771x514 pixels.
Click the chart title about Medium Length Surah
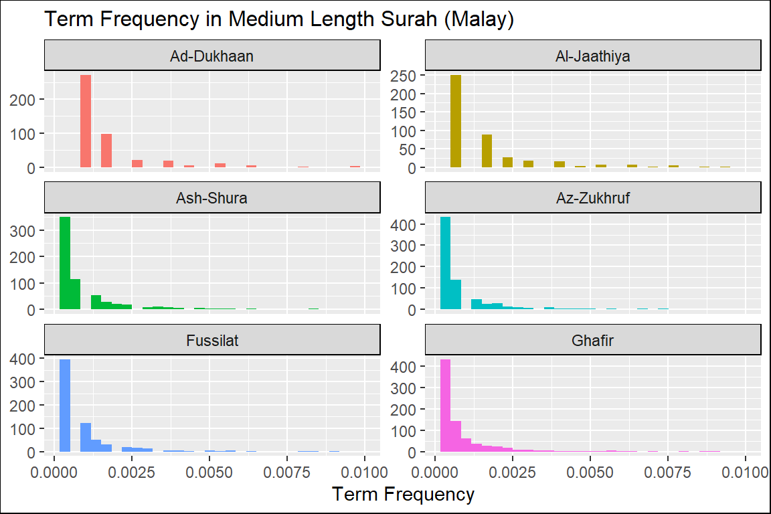[278, 19]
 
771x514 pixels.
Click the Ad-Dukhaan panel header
[212, 56]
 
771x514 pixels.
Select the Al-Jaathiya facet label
[593, 56]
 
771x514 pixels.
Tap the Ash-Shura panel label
[212, 198]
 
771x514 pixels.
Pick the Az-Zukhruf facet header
[593, 198]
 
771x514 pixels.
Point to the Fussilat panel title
[212, 341]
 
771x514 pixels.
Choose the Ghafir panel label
[593, 341]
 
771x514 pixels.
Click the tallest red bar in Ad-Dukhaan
[86, 121]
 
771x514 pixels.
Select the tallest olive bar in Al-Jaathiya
[456, 121]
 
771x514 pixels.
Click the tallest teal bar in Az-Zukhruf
[445, 263]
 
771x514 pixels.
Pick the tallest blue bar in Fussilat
[65, 406]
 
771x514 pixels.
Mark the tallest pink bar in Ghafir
[445, 406]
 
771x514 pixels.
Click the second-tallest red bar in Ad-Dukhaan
[106, 151]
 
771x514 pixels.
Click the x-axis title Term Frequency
[403, 495]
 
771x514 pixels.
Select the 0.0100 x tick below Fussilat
[364, 470]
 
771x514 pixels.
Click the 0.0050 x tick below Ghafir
[590, 470]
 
